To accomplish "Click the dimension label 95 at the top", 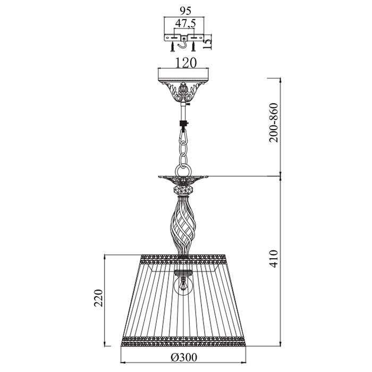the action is (185, 11).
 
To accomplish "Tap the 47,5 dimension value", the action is (185, 23).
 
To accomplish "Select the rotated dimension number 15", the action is (207, 43).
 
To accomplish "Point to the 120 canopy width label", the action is (186, 63).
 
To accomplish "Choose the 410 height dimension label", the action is (274, 259).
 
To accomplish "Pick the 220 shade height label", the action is (98, 299).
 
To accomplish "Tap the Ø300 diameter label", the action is (184, 357).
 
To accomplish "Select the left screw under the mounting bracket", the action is (173, 47).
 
